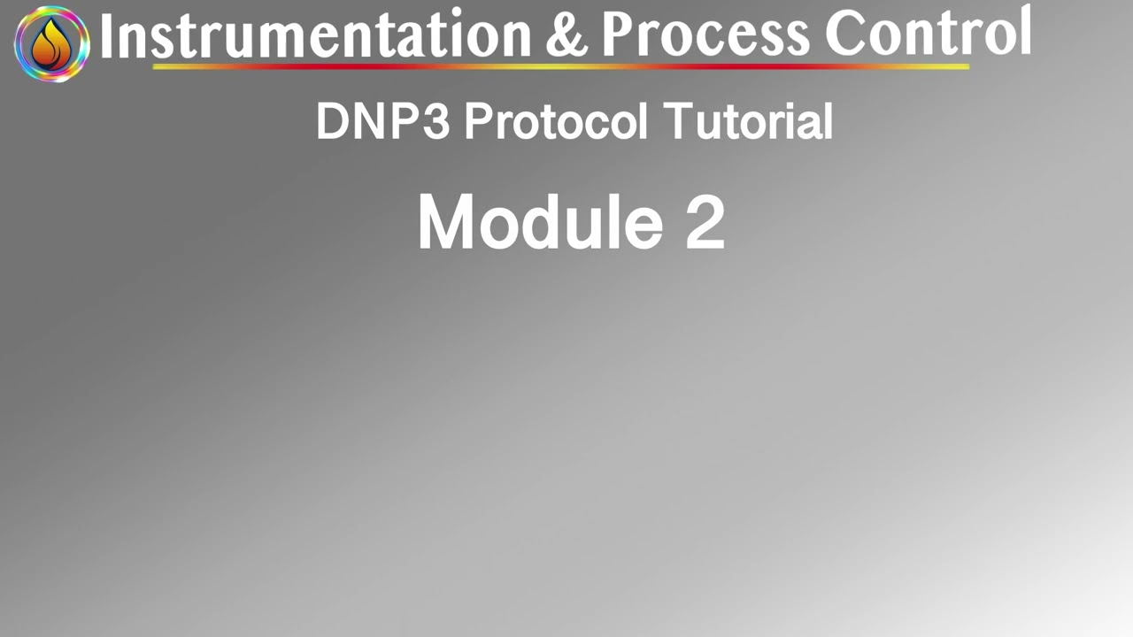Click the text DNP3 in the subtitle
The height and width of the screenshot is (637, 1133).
point(382,121)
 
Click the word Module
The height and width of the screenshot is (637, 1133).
point(540,222)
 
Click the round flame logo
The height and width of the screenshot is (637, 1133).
point(51,43)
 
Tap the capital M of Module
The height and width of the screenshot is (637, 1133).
point(448,223)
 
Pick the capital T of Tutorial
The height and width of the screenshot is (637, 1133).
point(679,121)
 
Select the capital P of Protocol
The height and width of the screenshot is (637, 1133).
point(479,121)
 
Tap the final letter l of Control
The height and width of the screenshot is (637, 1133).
point(1025,32)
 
